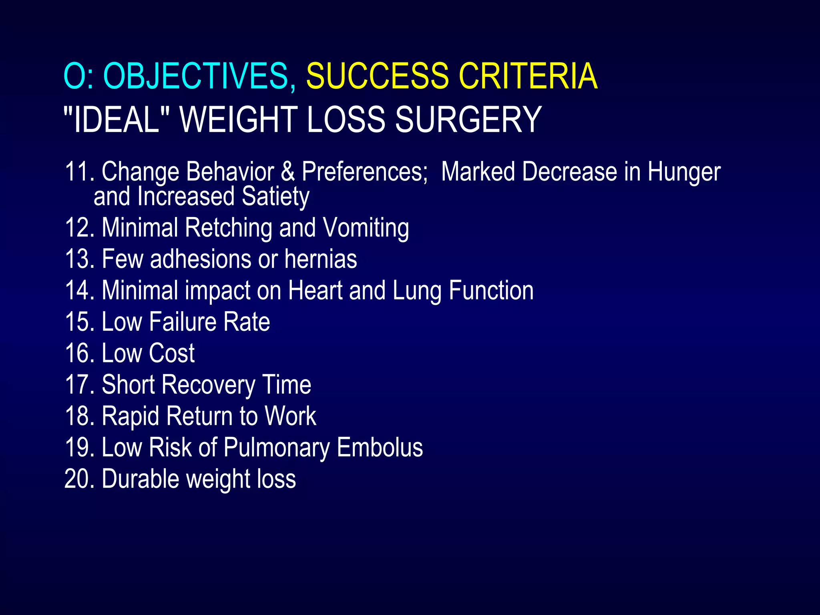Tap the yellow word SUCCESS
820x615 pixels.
(x=378, y=76)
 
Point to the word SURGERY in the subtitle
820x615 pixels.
(x=468, y=119)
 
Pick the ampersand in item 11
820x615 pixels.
(x=288, y=172)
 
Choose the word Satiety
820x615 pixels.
(x=275, y=197)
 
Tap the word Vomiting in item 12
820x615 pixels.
(x=366, y=228)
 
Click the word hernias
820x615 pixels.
(x=320, y=259)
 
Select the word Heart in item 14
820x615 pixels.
(x=315, y=290)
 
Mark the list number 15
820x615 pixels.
(x=79, y=322)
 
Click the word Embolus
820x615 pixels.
(x=380, y=447)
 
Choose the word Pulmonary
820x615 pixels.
(x=276, y=448)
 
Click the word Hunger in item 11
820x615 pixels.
(x=684, y=173)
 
